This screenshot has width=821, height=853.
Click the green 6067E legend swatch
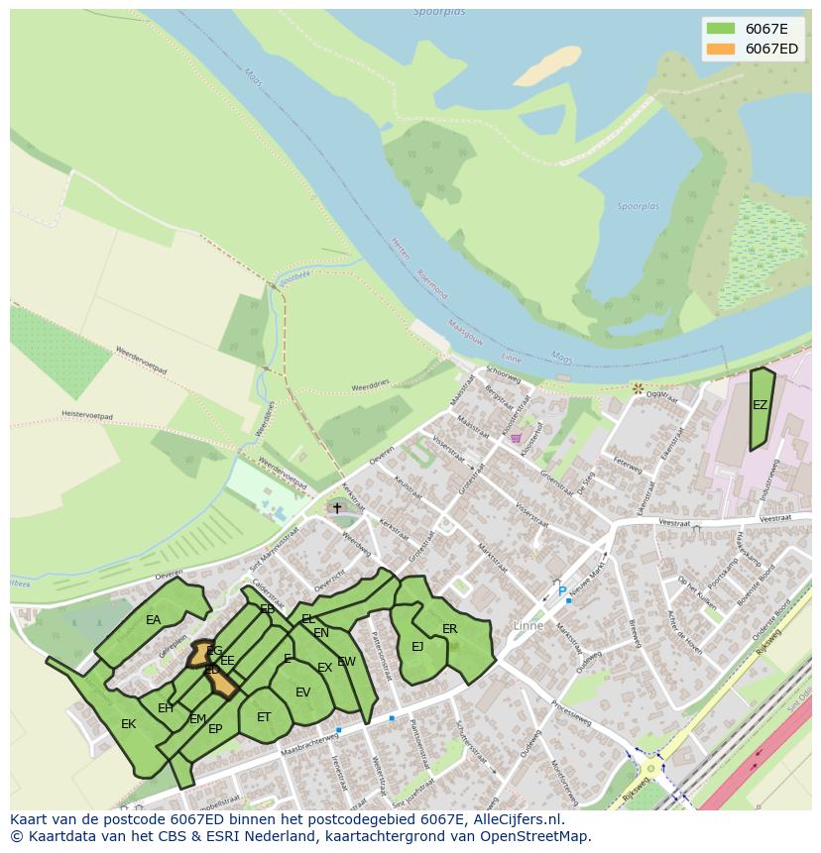720,29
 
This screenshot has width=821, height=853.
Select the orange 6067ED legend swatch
720,49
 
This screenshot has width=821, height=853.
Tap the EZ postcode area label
760,405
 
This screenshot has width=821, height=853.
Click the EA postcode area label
153,620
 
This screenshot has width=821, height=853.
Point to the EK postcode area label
128,724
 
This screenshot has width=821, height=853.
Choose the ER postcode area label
450,629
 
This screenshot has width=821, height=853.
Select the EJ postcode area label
417,647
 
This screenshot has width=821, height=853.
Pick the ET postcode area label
264,717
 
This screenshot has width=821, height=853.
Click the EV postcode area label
302,693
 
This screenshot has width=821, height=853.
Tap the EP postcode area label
215,729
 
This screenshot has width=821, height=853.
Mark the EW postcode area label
346,662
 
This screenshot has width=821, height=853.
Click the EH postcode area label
166,708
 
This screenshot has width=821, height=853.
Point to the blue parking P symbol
562,592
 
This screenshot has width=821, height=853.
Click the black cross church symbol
337,508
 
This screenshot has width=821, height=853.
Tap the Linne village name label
528,625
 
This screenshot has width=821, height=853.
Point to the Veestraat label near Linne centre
674,523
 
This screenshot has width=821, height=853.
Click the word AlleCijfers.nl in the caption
515,819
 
